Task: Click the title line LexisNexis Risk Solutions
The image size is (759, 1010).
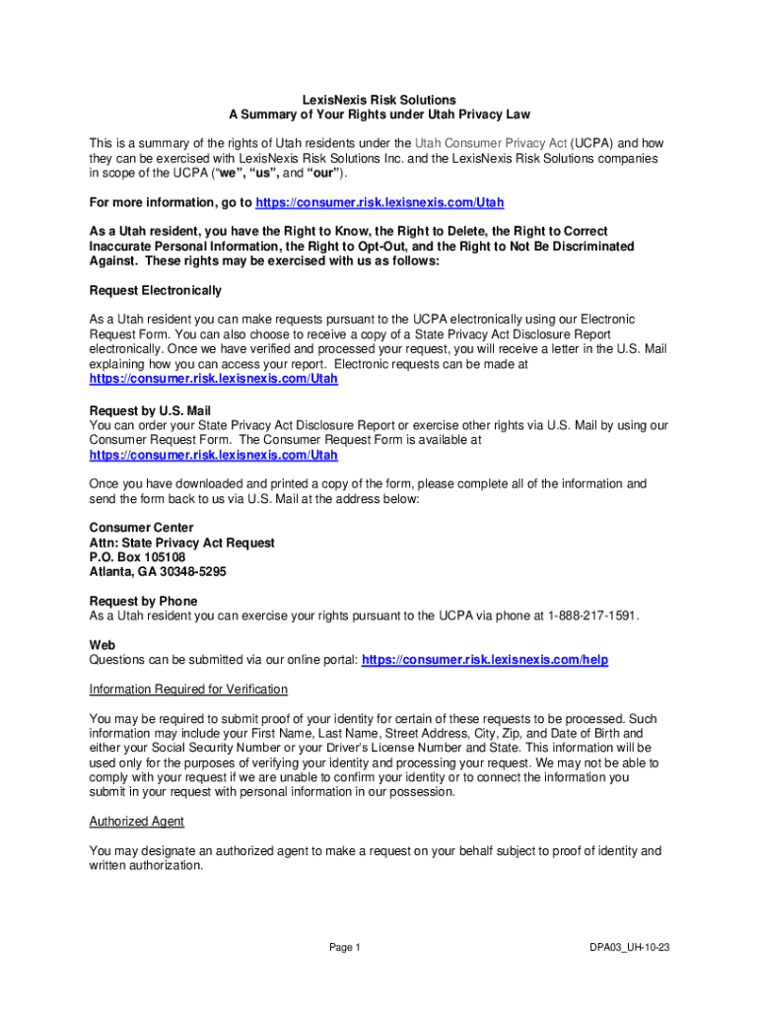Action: click(x=379, y=100)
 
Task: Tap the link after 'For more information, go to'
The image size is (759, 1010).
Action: click(x=379, y=202)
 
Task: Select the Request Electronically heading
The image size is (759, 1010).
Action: click(x=156, y=290)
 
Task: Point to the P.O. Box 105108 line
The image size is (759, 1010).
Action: click(x=137, y=556)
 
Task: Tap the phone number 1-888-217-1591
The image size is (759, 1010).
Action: click(x=592, y=615)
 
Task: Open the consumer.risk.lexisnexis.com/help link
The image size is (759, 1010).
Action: click(x=485, y=659)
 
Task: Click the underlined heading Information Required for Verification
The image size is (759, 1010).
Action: click(x=188, y=688)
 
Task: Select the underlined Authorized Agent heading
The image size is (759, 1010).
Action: click(x=137, y=821)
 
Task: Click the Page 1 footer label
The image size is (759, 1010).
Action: click(x=345, y=948)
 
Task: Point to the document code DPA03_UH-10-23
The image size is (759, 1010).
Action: click(x=630, y=948)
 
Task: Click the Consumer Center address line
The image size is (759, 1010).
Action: click(x=142, y=528)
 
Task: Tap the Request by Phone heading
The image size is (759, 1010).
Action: click(x=143, y=601)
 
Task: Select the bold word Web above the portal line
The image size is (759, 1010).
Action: click(x=103, y=644)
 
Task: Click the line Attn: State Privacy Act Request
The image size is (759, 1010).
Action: click(x=182, y=542)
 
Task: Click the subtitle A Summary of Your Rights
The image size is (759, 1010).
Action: click(x=379, y=114)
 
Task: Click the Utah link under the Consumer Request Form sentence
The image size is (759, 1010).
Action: click(x=214, y=455)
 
